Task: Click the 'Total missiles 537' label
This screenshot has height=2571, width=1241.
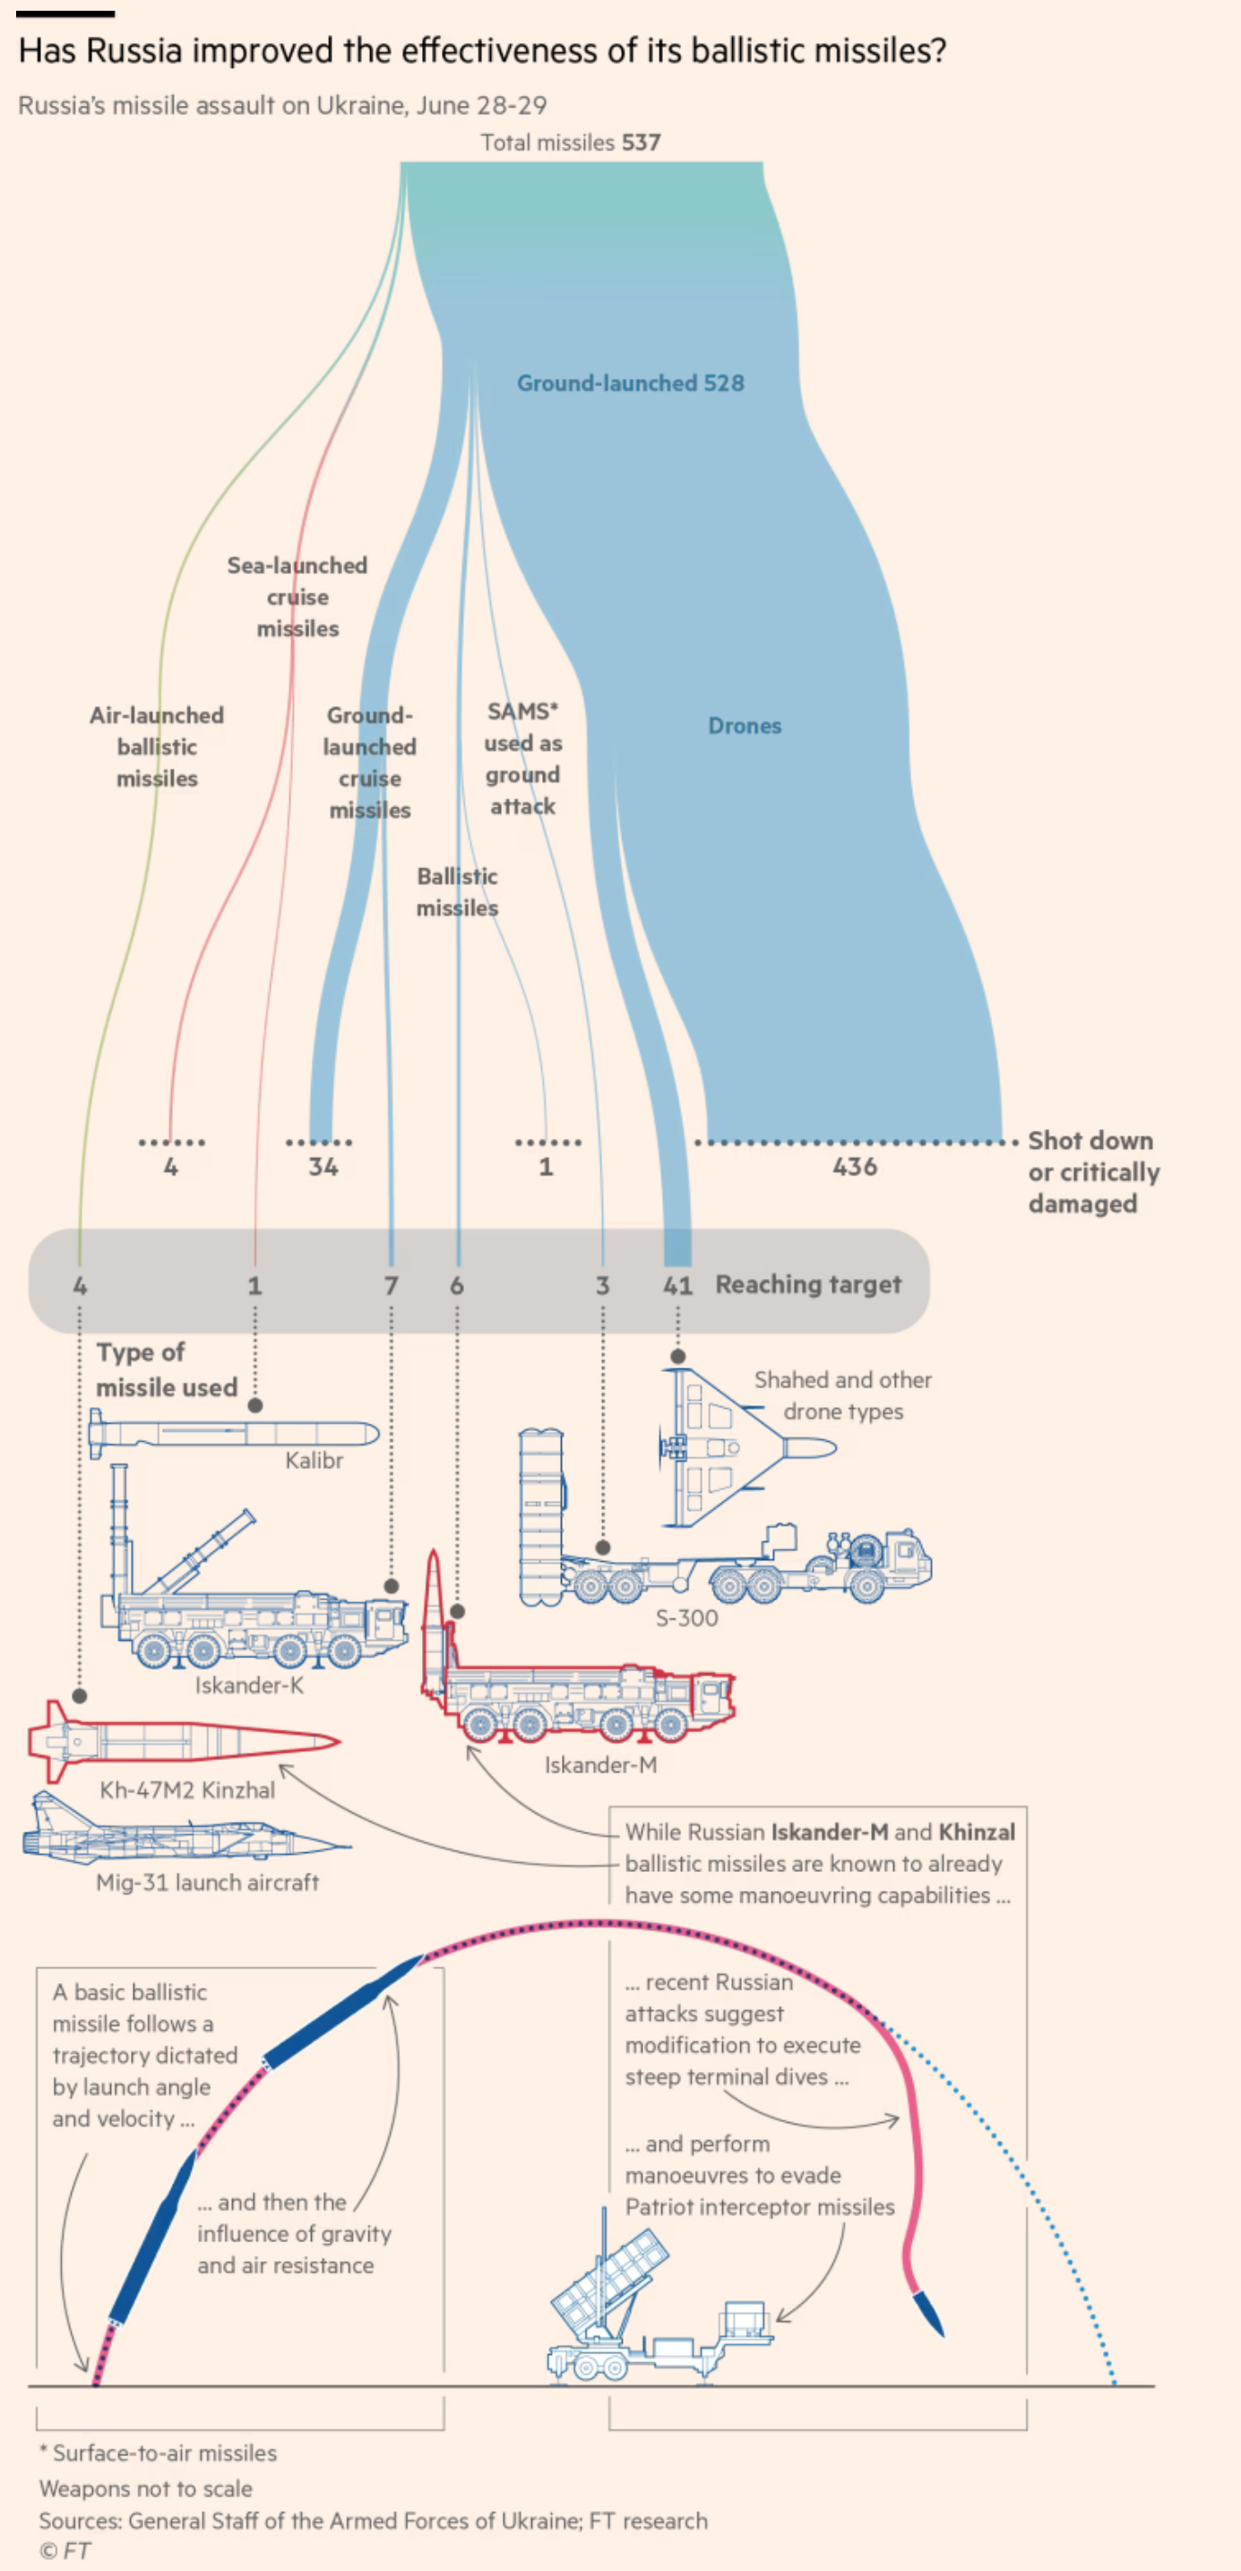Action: pos(570,142)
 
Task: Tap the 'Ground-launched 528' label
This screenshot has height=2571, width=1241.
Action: pos(630,384)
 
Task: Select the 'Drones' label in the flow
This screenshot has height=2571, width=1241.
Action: pos(745,726)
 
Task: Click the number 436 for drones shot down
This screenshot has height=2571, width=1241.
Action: pos(855,1167)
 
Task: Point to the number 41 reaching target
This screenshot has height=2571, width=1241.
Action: pos(677,1285)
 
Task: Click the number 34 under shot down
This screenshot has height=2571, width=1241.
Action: pos(323,1167)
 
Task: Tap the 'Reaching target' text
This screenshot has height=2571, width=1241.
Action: pos(808,1284)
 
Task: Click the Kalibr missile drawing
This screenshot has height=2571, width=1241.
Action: pos(235,1434)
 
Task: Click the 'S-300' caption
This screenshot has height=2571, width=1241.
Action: pos(686,1618)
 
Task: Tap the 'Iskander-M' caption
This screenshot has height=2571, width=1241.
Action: pos(600,1764)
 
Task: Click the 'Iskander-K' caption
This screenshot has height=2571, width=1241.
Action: pos(249,1685)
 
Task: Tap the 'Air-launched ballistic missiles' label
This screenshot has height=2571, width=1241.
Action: pos(157,746)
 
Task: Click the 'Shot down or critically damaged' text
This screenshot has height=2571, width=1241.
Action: pos(1092,1172)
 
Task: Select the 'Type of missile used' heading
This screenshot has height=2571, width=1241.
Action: pos(166,1369)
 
